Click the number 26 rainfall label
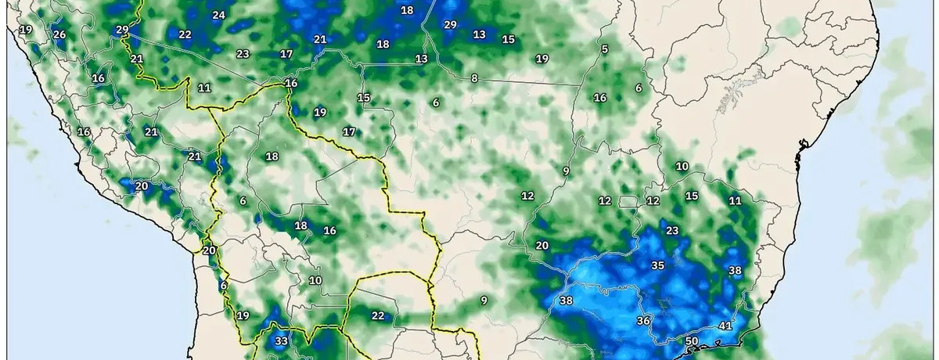[x=59, y=34]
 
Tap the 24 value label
[x=218, y=15]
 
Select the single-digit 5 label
[x=604, y=49]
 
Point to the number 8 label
[x=474, y=78]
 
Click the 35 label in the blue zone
[x=658, y=265]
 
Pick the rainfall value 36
[x=644, y=321]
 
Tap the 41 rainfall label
[x=725, y=326]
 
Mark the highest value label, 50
[x=691, y=341]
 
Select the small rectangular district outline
[x=628, y=202]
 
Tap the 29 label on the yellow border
[x=121, y=30]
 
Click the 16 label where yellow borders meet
[x=291, y=83]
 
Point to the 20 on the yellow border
[x=208, y=250]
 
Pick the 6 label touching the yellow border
[x=223, y=286]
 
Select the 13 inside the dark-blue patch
[x=480, y=34]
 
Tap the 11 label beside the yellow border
[x=204, y=88]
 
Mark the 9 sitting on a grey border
[x=565, y=171]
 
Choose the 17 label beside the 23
[x=286, y=54]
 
